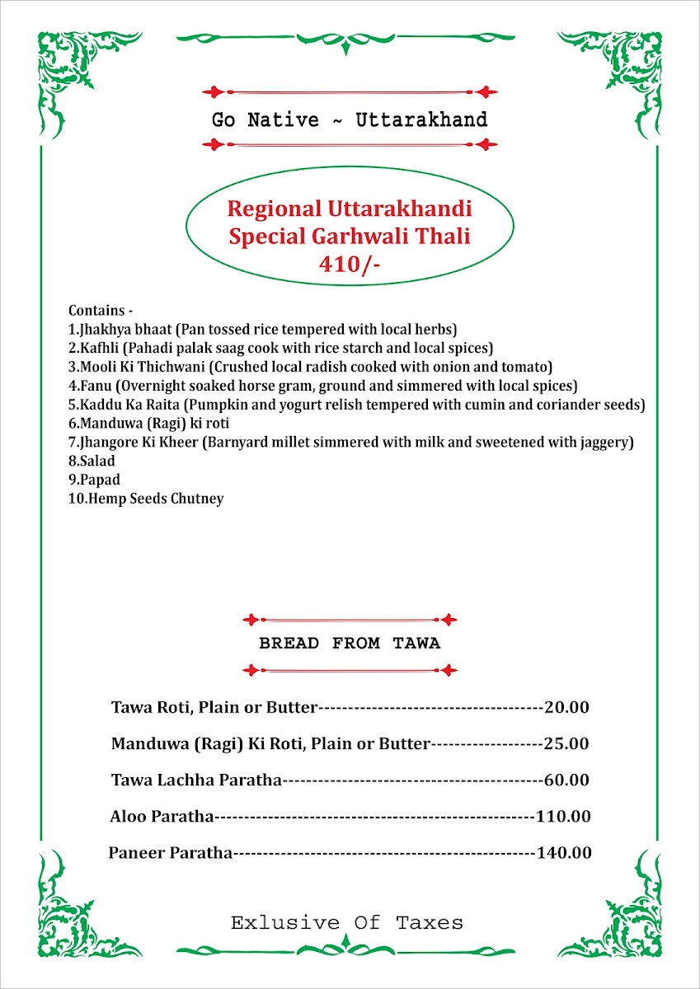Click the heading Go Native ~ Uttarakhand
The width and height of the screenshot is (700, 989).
(350, 120)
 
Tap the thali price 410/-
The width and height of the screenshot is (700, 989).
(350, 264)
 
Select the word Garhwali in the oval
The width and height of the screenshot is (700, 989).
(354, 237)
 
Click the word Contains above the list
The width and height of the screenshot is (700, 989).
(97, 311)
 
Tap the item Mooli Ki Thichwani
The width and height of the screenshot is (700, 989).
(135, 366)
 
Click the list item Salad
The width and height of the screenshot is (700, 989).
(96, 461)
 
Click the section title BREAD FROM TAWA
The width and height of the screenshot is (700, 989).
(350, 644)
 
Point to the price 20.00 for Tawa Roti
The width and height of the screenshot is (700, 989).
(566, 707)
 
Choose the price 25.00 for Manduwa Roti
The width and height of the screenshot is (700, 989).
(566, 743)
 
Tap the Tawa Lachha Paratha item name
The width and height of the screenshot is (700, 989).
(197, 780)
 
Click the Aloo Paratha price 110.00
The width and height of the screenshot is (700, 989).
(563, 817)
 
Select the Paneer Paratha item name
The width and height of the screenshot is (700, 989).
(171, 853)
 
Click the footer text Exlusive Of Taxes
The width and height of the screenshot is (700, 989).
(347, 922)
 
